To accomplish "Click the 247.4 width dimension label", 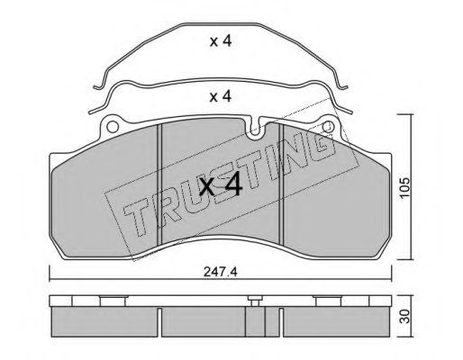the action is (221, 272).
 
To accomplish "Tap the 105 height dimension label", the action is (405, 187).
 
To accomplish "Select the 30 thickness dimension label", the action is (405, 317).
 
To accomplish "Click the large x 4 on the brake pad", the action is (221, 184).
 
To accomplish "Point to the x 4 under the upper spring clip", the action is (221, 41).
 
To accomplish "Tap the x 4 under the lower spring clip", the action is (221, 96).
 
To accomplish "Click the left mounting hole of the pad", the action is (113, 127).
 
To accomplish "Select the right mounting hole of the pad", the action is (328, 127).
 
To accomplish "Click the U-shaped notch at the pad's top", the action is (255, 130).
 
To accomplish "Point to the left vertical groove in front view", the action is (159, 184).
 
